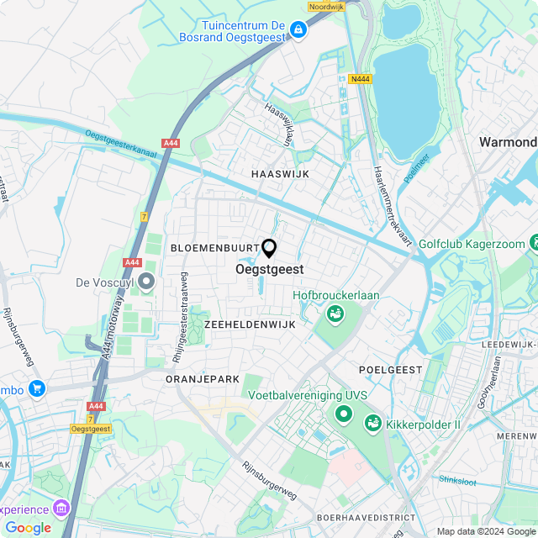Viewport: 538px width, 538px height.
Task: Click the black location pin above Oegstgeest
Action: point(269,248)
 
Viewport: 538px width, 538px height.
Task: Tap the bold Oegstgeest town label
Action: point(269,270)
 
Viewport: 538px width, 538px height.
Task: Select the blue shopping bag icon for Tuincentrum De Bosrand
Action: point(297,30)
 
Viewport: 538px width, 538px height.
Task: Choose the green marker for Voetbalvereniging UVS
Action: point(343,414)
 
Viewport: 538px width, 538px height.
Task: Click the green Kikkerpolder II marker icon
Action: point(372,424)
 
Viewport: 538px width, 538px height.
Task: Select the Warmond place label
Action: point(508,142)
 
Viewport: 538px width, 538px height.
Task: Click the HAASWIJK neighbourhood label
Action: point(281,173)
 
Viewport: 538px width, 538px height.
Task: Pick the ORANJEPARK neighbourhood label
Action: point(203,379)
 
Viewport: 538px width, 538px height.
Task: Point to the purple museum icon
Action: point(60,508)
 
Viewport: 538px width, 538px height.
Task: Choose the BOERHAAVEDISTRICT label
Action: point(366,518)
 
